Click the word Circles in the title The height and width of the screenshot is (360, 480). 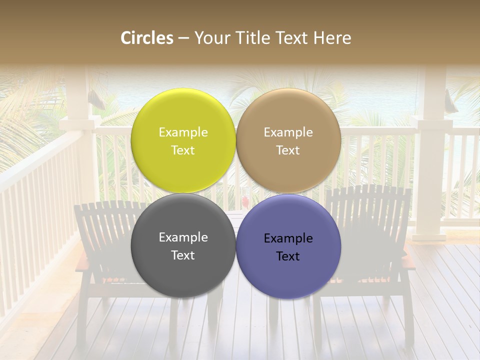(x=146, y=38)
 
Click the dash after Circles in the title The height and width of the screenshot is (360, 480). (x=183, y=38)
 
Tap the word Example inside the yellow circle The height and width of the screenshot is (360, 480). (x=183, y=132)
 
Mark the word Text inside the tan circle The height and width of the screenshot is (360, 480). (x=288, y=150)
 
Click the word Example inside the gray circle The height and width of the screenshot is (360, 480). (x=183, y=237)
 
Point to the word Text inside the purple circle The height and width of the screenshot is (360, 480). (x=288, y=256)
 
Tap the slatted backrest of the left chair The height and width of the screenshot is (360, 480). (x=105, y=225)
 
